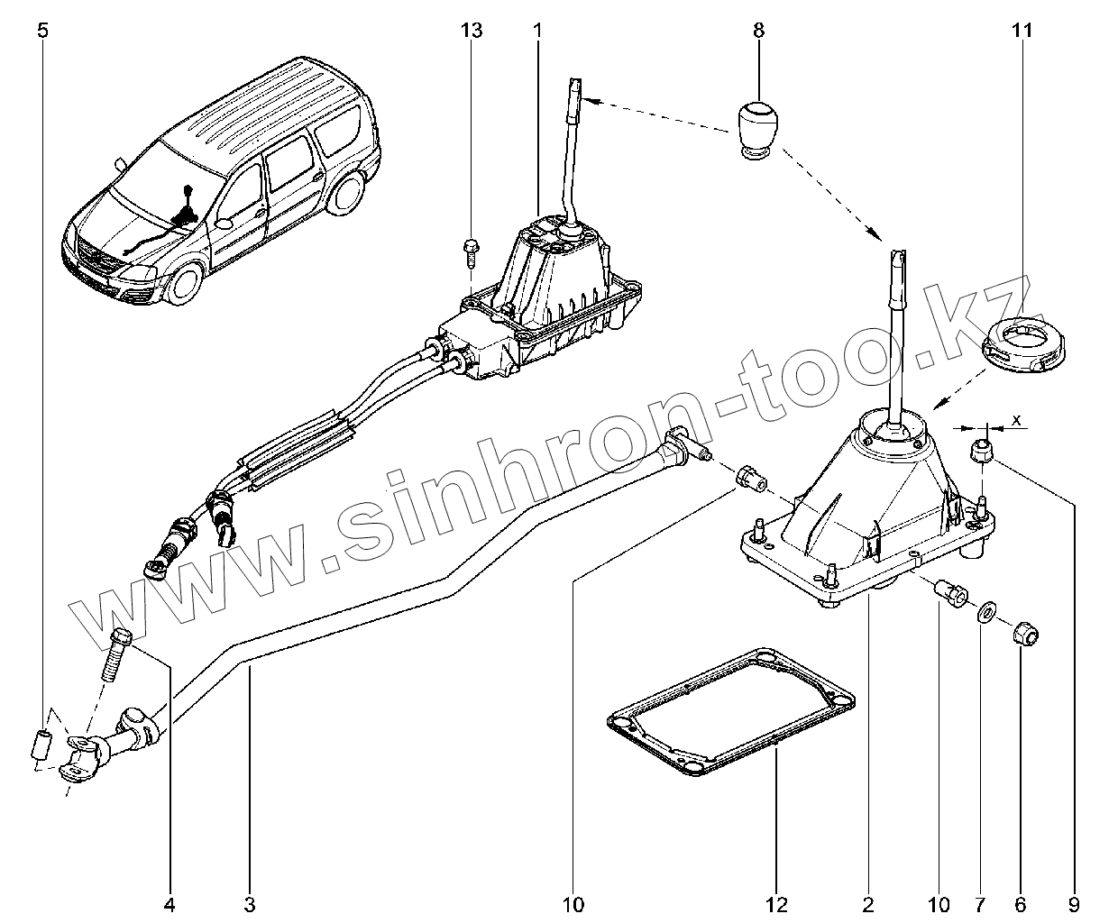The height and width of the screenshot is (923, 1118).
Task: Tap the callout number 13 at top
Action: pyautogui.click(x=471, y=32)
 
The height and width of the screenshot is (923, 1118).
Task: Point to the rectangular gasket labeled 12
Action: pyautogui.click(x=730, y=712)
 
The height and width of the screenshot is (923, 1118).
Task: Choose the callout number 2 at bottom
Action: pyautogui.click(x=868, y=904)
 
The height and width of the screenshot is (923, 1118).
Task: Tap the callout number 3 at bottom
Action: pyautogui.click(x=250, y=904)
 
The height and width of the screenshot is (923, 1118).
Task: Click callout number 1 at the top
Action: pyautogui.click(x=537, y=32)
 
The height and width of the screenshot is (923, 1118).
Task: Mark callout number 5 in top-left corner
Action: pyautogui.click(x=42, y=32)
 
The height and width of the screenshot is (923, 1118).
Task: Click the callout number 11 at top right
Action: pyautogui.click(x=1021, y=32)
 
